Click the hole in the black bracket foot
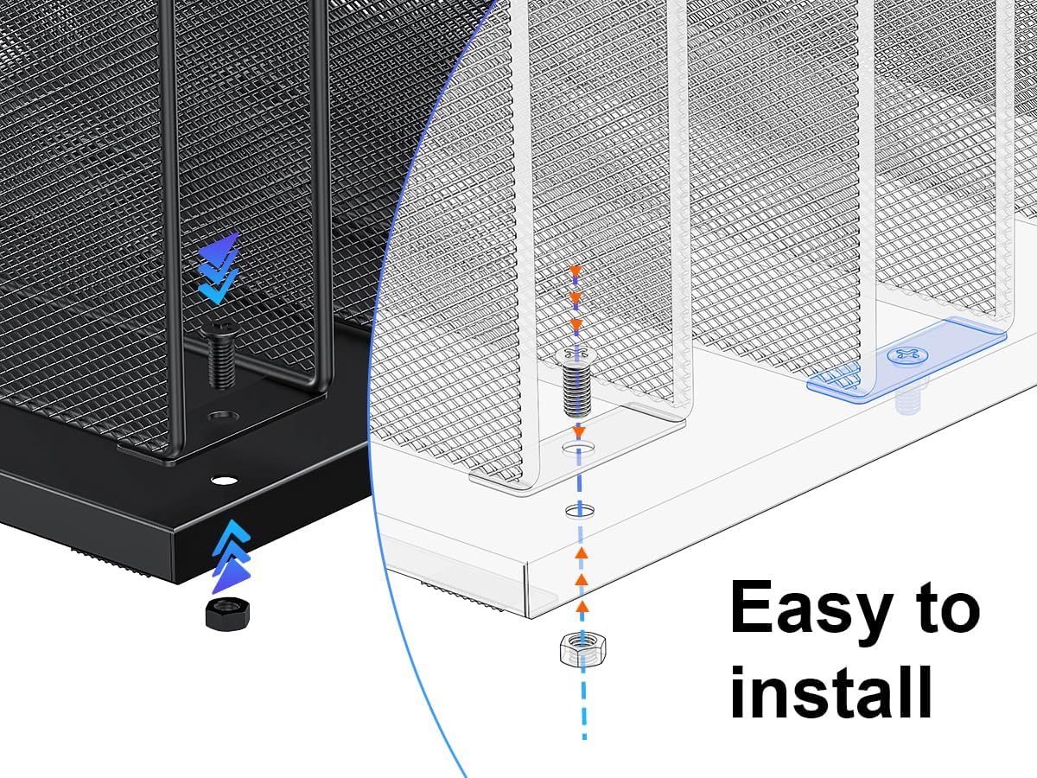[x=221, y=416]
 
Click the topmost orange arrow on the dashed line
[x=574, y=272]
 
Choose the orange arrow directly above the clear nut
[x=582, y=605]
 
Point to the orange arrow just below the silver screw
[x=580, y=430]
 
